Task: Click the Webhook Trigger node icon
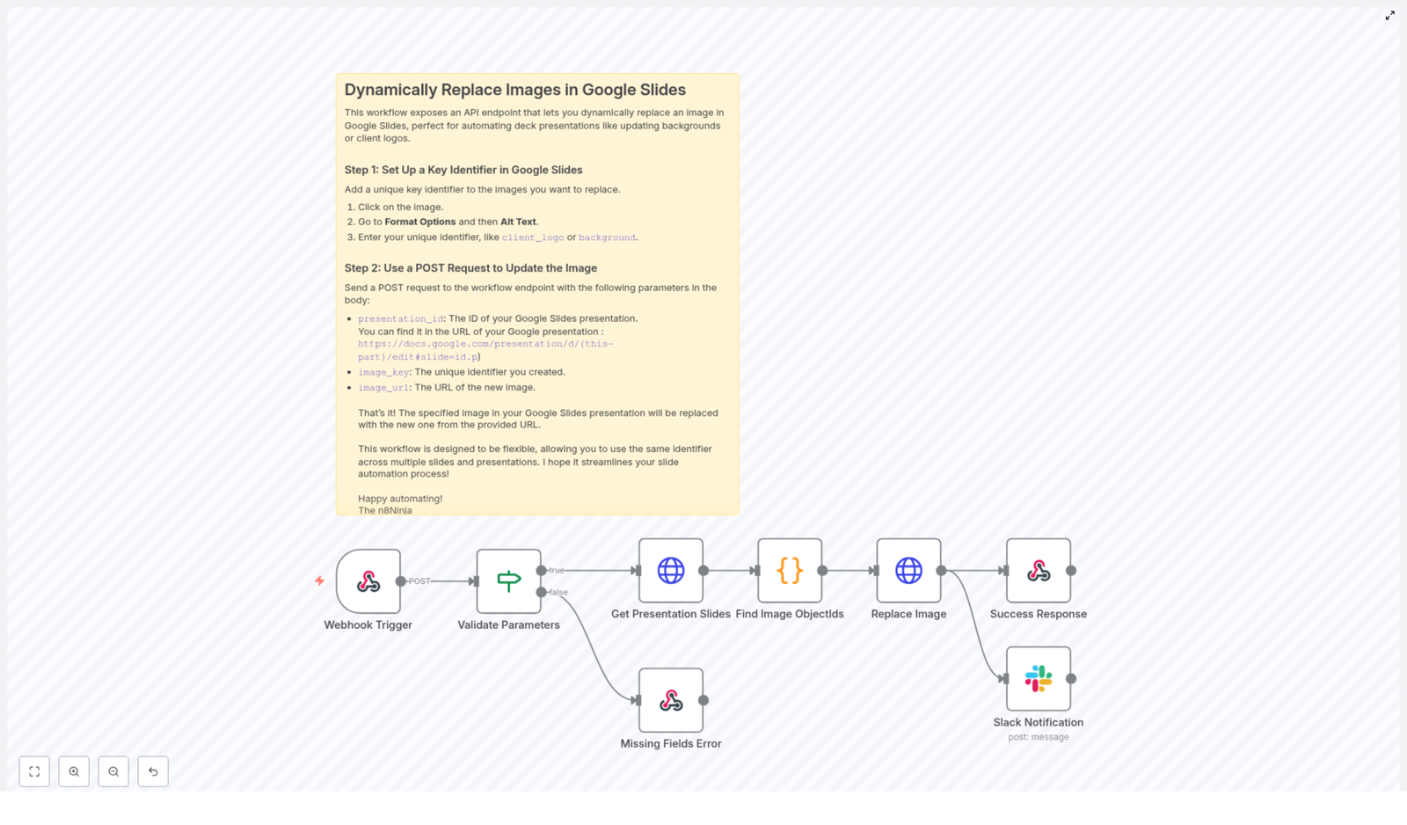point(368,581)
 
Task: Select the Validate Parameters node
point(508,581)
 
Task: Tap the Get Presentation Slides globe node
point(671,571)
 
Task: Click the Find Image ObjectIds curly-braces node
point(790,571)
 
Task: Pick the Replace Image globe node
point(908,571)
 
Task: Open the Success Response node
point(1039,571)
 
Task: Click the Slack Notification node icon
point(1039,679)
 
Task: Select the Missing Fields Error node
point(671,700)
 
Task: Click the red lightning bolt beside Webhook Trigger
point(319,581)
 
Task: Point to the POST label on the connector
point(419,581)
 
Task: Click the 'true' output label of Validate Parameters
point(557,571)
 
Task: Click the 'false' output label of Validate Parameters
point(558,592)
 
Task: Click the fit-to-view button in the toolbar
point(34,771)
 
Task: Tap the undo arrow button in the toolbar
point(153,771)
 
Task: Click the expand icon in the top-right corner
point(1390,16)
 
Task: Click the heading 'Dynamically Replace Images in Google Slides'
point(514,90)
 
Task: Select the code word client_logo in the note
point(532,237)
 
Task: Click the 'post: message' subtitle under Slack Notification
point(1039,737)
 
